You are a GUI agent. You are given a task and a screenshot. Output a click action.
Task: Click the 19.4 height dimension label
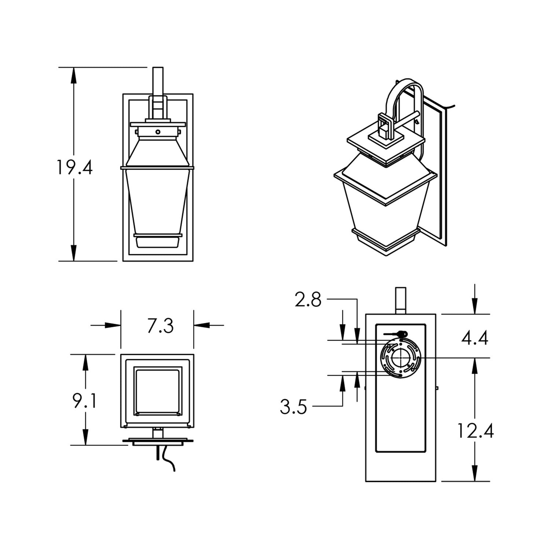coord(74,167)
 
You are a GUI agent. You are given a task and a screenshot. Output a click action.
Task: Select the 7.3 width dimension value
coord(160,326)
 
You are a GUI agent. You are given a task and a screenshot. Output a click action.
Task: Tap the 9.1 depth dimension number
coord(84,401)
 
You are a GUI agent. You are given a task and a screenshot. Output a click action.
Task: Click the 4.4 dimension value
coord(475,338)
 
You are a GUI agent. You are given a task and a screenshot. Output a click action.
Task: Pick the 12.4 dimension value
coord(475,431)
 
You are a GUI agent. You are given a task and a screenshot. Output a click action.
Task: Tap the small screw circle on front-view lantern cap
coord(158,132)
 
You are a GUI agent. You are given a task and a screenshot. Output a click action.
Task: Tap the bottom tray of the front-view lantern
coord(158,242)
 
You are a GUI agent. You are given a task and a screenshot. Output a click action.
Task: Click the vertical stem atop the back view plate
coord(401,300)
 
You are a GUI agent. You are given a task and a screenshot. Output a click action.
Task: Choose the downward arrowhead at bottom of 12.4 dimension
coord(475,473)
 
